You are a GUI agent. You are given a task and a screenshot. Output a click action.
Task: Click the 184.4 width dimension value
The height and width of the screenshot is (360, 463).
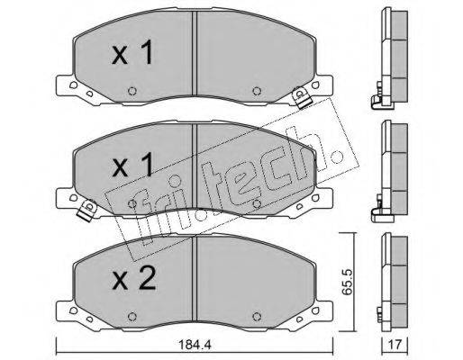point(195,345)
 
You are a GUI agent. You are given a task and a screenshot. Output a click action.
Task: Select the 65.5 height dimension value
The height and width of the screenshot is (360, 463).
point(348,282)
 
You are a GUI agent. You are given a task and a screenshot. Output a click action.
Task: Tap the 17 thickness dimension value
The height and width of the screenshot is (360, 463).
point(395,345)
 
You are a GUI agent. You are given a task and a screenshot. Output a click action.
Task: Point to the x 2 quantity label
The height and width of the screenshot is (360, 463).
point(133,278)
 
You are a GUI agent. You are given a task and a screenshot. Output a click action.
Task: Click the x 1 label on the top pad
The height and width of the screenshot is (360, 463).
point(132,52)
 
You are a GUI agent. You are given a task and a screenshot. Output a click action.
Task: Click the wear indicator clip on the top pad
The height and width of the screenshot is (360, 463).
point(301,97)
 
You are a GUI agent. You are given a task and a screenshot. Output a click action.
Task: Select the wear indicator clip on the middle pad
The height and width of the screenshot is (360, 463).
point(87,210)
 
